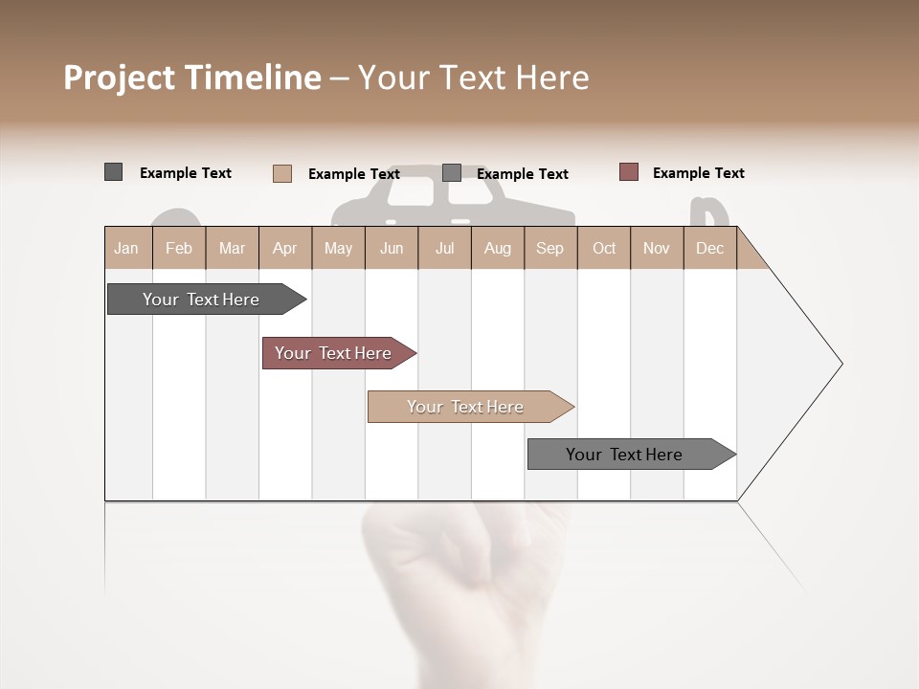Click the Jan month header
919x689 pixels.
coord(126,248)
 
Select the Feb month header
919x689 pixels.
coord(179,248)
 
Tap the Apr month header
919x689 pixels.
coord(284,248)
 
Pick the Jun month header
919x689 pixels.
coord(392,248)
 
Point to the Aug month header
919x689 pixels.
coord(497,248)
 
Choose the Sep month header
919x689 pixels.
coord(549,248)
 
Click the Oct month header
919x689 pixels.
coord(604,248)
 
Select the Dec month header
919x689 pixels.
coord(709,248)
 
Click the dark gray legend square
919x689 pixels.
coord(113,172)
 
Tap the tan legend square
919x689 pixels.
coord(281,173)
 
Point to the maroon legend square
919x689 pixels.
coord(628,172)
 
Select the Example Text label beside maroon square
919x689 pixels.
coord(698,173)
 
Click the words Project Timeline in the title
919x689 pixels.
coord(191,78)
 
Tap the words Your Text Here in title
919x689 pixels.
coord(473,78)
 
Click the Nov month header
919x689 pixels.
coord(656,248)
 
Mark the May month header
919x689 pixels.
coord(338,248)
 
